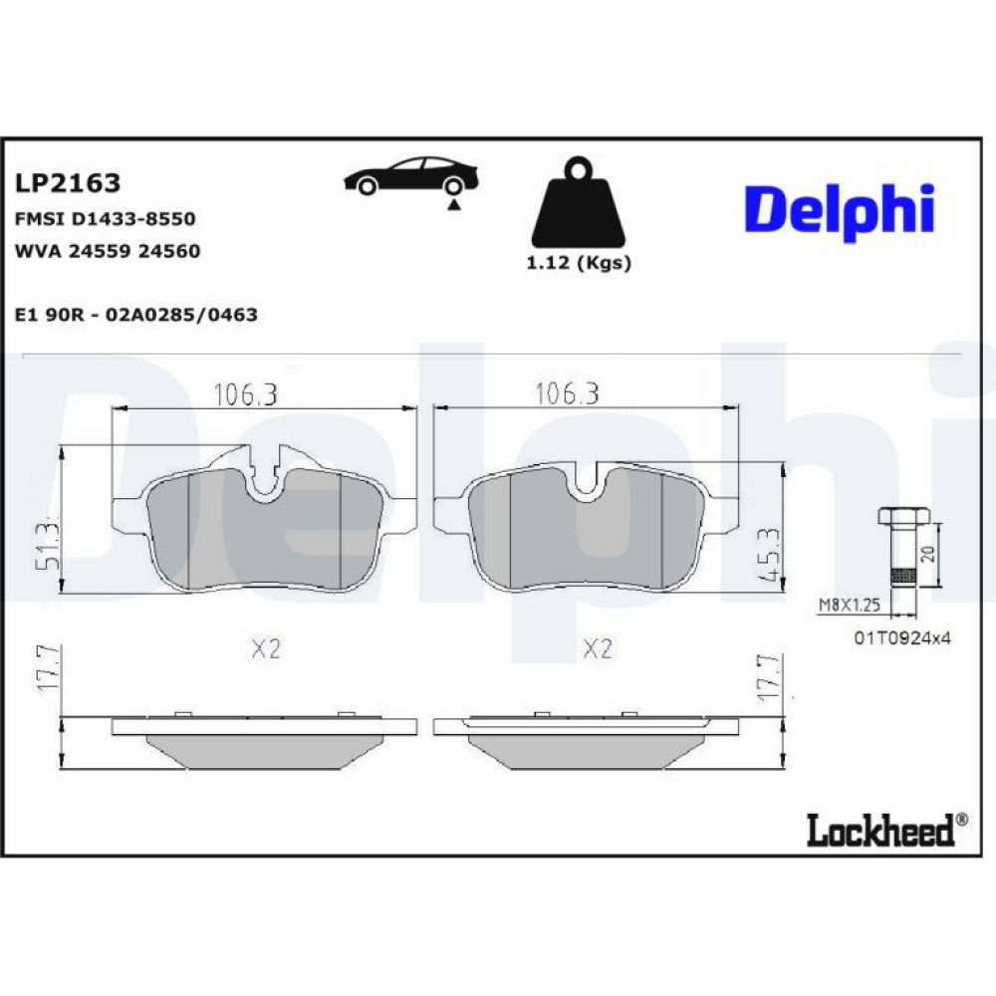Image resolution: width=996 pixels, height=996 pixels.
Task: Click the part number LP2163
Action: [68, 183]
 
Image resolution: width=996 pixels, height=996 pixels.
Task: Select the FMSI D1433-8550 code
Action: [105, 219]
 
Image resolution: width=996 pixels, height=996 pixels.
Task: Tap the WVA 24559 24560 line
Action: [108, 251]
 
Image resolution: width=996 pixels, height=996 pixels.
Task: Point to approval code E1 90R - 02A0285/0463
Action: [135, 315]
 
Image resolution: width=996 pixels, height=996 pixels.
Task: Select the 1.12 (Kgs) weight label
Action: [579, 263]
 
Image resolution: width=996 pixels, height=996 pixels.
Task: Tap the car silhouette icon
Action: [410, 176]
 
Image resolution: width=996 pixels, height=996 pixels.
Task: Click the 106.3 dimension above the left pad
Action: [245, 394]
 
